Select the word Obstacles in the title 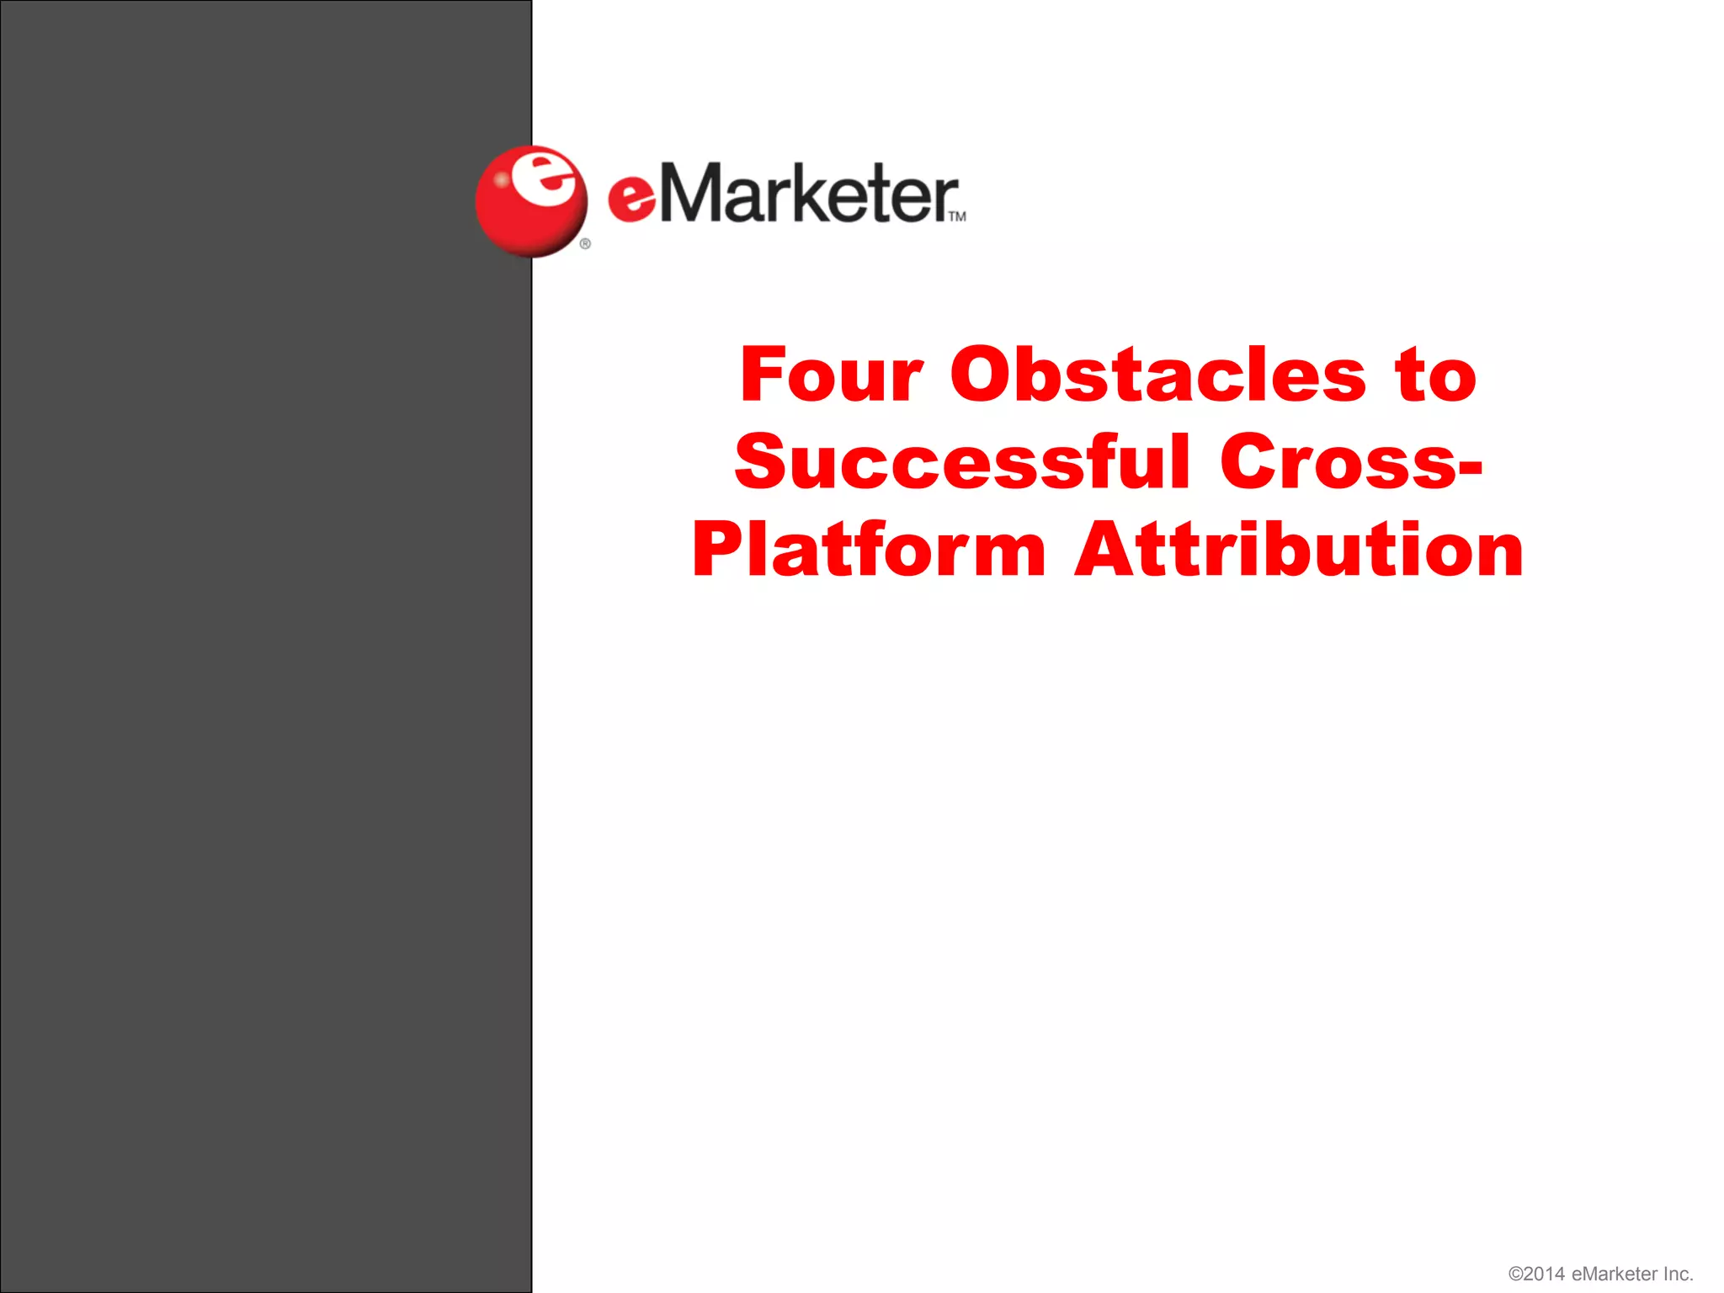[x=1158, y=375]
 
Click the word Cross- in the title [x=1351, y=462]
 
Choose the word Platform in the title [x=869, y=551]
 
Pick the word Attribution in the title [x=1299, y=551]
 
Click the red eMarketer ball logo [x=530, y=202]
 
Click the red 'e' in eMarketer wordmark [x=631, y=200]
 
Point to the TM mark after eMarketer [x=957, y=217]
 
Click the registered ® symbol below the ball [x=585, y=244]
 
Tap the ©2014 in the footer [x=1536, y=1274]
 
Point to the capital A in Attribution [x=1106, y=551]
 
